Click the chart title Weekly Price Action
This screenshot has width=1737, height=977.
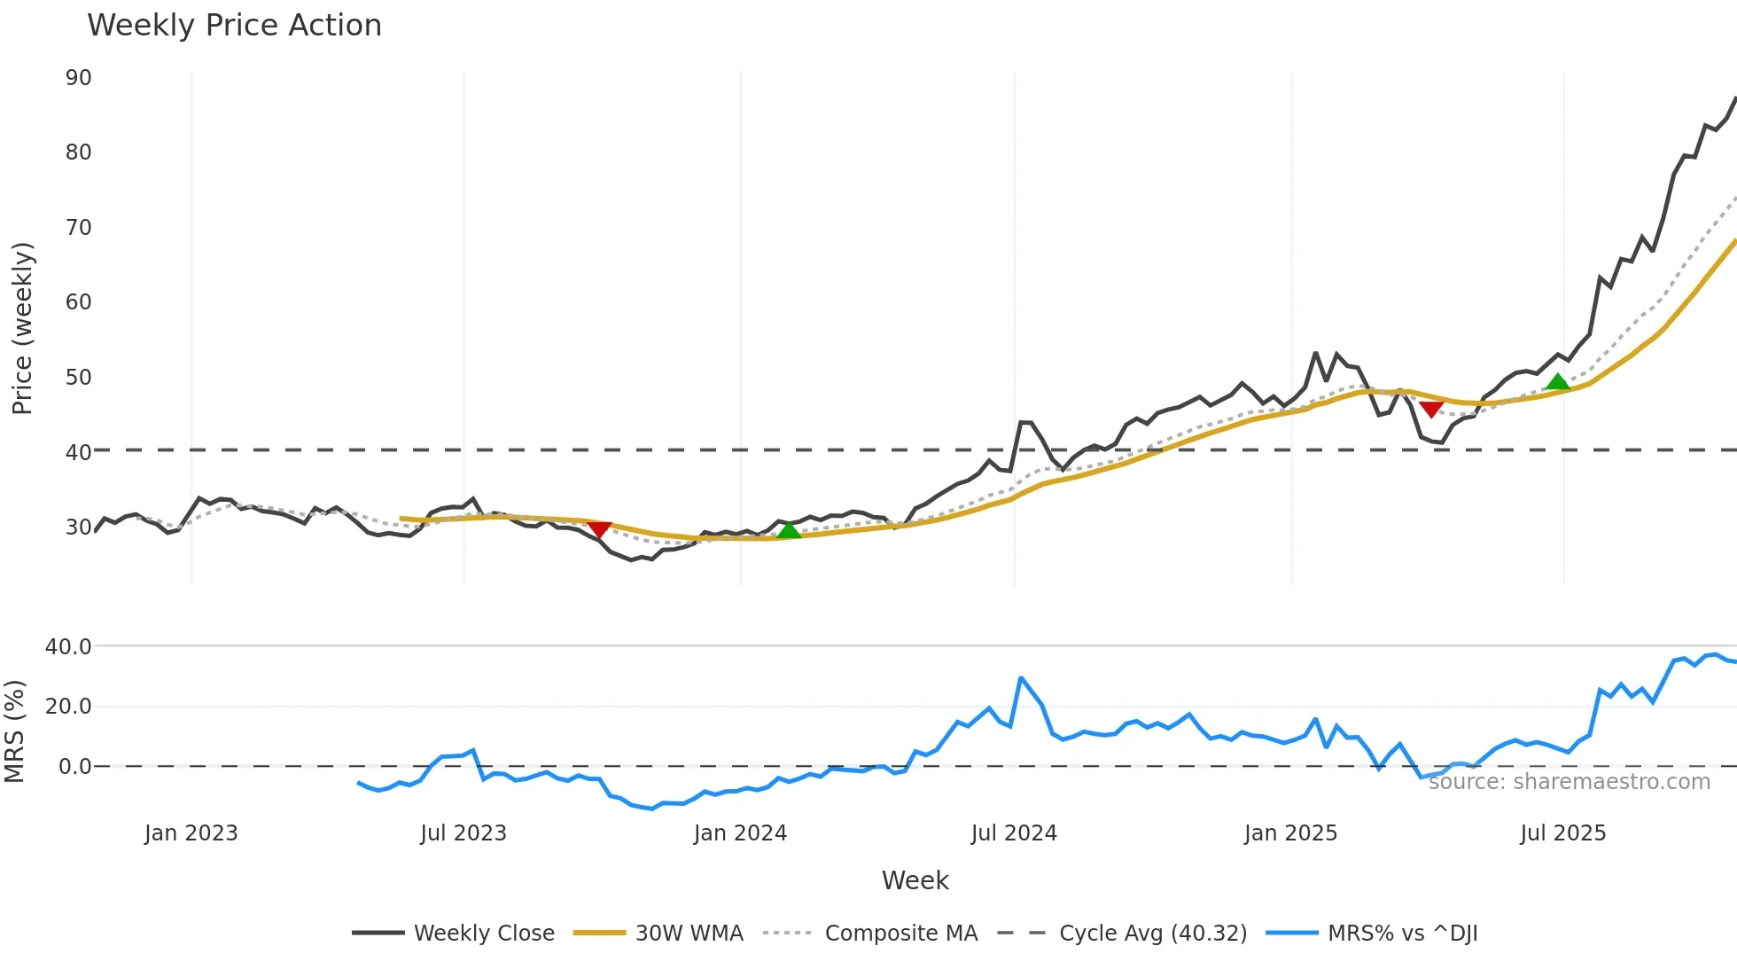coord(234,26)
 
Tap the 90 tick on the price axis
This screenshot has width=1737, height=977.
coord(78,78)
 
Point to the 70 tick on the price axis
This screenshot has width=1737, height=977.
coord(78,228)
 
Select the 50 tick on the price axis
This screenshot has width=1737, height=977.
coord(78,378)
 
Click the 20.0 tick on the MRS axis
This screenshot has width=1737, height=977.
coord(68,707)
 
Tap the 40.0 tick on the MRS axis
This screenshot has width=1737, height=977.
coord(68,647)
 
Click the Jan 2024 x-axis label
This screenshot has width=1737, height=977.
coord(740,833)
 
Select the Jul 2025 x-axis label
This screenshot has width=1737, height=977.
coord(1562,833)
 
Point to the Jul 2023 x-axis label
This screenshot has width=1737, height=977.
coord(463,833)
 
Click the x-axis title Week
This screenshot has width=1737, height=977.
coord(915,880)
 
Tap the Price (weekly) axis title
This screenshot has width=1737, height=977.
coord(22,328)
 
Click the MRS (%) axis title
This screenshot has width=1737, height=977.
coord(14,731)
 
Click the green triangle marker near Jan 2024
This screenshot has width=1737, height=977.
coord(789,530)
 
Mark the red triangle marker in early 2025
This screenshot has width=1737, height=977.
coord(1431,409)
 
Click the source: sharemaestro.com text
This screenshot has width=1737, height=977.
coord(1569,782)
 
